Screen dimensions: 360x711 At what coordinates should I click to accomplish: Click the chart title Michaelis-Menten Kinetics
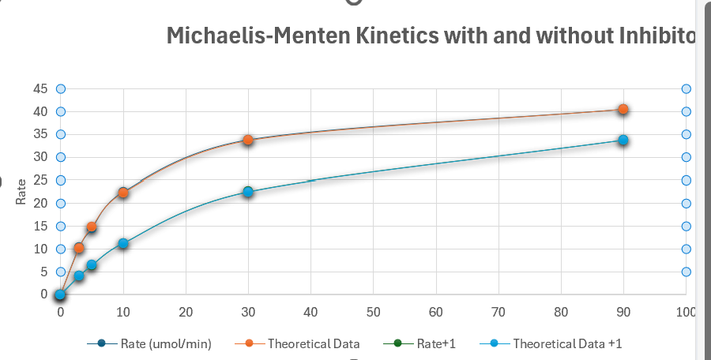click(431, 36)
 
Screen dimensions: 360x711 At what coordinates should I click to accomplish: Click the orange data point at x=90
click(623, 109)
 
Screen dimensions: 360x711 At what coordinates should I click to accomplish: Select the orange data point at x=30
click(248, 140)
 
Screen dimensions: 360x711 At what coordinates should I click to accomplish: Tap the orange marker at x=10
click(123, 193)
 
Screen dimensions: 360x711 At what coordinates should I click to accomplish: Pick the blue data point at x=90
click(623, 140)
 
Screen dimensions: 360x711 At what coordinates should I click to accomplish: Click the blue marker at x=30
click(248, 192)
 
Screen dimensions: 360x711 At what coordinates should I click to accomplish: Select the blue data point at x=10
click(123, 243)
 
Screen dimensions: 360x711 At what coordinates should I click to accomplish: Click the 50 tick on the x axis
click(373, 312)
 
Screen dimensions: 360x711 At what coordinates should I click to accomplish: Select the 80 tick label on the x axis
click(561, 312)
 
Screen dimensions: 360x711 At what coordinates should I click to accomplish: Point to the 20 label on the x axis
click(186, 312)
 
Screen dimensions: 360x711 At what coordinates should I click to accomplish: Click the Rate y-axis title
click(21, 192)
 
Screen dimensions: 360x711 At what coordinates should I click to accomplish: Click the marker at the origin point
click(60, 294)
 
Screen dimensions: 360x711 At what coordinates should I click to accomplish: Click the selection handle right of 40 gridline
click(686, 111)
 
